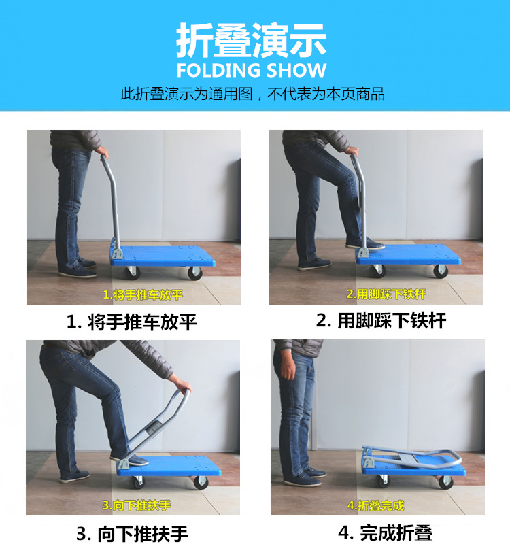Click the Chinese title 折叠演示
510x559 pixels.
tap(251, 40)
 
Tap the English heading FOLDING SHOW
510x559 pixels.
tap(251, 70)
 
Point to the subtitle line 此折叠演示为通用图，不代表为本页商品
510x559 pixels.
tap(252, 94)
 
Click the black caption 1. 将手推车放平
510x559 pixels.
tap(131, 322)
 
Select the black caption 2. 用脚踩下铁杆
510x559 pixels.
tap(381, 320)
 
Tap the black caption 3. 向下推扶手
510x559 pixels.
tap(132, 534)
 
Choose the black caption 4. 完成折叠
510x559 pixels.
tap(386, 533)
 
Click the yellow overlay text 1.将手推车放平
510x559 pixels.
tap(143, 295)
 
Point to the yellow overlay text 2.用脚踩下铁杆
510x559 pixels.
tap(386, 294)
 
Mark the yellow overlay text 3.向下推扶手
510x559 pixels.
tap(137, 505)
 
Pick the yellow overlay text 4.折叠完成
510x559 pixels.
tap(375, 505)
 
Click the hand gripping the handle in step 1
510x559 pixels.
tap(103, 152)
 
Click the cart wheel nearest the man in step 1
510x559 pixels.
tap(132, 273)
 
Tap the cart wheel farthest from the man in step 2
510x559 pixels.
tap(441, 271)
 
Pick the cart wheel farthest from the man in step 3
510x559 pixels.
tap(201, 483)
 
